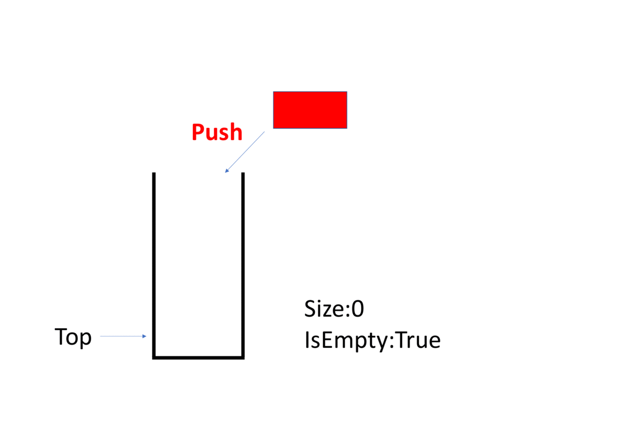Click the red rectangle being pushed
(x=310, y=109)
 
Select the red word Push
(x=217, y=133)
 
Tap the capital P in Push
(x=197, y=133)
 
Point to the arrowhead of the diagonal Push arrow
(x=227, y=171)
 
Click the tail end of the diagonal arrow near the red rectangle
(x=264, y=132)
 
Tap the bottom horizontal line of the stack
(x=199, y=357)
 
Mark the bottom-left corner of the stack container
(x=154, y=357)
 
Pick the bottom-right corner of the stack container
(x=243, y=357)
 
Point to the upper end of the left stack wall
(x=154, y=174)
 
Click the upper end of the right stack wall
(x=243, y=174)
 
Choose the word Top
(x=73, y=337)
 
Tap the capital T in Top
(x=61, y=337)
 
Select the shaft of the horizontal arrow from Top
(x=121, y=336)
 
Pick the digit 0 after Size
(x=358, y=309)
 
